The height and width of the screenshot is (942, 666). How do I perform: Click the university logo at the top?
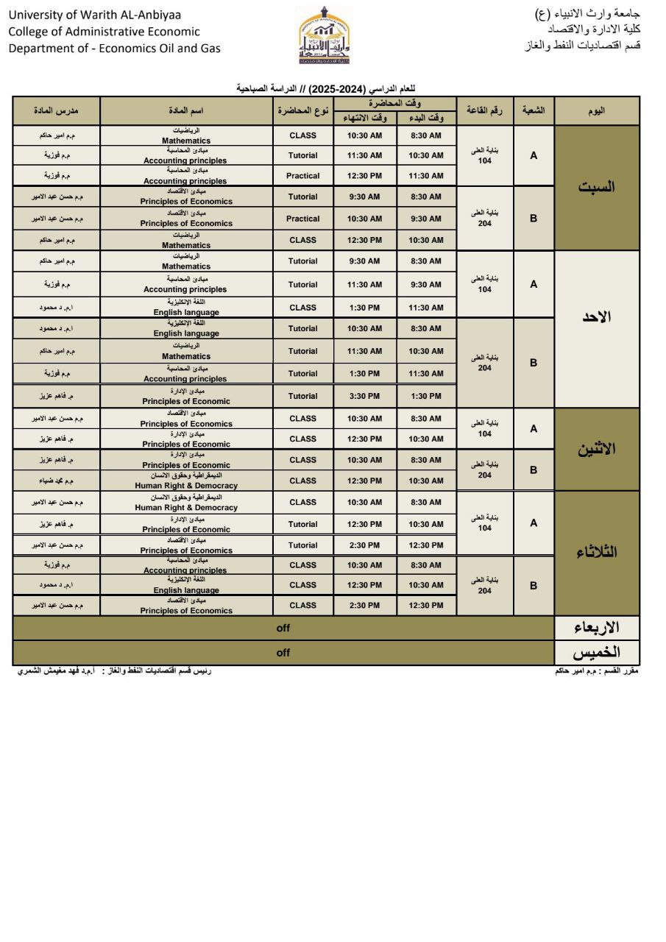[325, 35]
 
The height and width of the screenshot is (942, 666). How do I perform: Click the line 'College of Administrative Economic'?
[104, 32]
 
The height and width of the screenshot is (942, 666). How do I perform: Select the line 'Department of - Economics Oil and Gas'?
[114, 49]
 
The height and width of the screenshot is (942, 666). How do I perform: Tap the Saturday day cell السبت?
[596, 187]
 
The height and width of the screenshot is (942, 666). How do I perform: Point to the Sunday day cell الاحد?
[596, 318]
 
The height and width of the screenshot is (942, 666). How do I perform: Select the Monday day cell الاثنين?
[596, 449]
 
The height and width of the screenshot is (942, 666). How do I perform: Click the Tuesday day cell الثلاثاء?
[596, 553]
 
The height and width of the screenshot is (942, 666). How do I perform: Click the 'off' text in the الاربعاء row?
[283, 628]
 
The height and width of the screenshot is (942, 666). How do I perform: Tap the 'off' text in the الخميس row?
[283, 653]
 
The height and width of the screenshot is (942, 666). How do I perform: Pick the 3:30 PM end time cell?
[364, 396]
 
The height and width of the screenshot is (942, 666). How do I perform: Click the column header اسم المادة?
[186, 110]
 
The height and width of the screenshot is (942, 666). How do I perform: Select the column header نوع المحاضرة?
[302, 110]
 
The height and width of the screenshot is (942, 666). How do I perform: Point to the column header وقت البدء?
[426, 118]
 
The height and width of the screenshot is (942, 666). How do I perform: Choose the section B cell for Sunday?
[534, 363]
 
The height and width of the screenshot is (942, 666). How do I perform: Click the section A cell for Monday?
[534, 428]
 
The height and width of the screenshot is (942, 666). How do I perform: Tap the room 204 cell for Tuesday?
[484, 586]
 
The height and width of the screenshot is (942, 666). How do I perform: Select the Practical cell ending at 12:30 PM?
[302, 176]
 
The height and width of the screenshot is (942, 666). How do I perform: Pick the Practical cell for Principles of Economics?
[302, 219]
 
